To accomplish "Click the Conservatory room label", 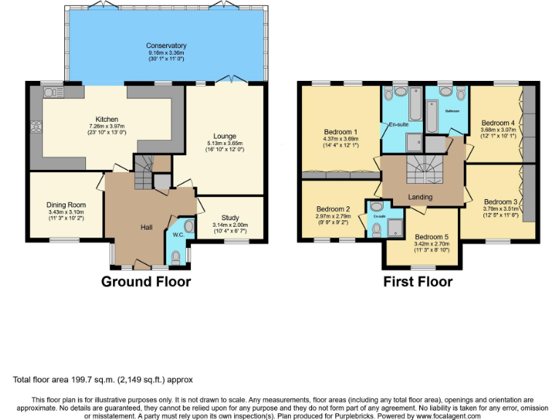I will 166,46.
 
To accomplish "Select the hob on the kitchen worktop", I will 36,125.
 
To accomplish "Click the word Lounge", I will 224,136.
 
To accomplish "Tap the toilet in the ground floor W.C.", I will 175,257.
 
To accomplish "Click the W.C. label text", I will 176,235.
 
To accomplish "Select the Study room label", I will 230,217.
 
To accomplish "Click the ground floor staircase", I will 144,173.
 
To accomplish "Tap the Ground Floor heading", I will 146,281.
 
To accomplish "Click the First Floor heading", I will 418,281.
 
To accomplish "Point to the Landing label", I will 420,197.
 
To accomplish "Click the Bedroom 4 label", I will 497,122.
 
